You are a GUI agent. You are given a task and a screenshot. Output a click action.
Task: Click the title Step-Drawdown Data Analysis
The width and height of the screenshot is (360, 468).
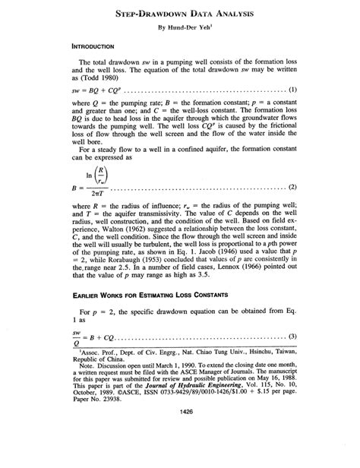180,14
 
